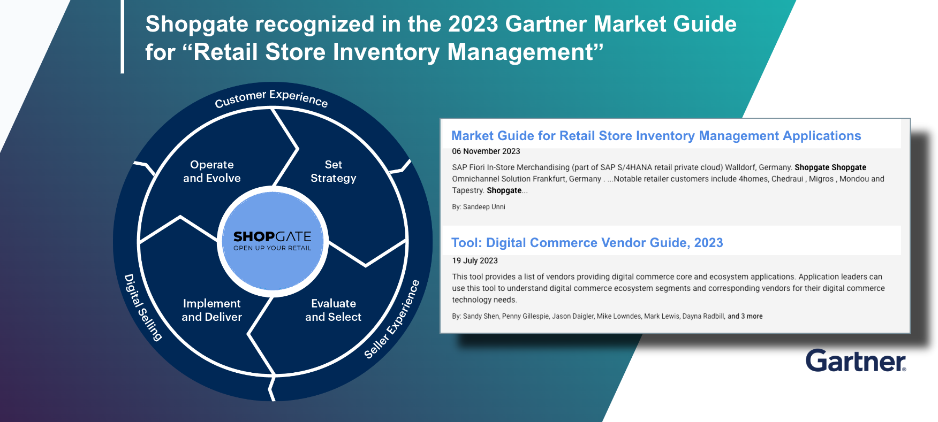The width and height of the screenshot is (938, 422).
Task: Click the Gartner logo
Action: (x=856, y=360)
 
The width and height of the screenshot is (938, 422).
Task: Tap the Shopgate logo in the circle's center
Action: (x=273, y=240)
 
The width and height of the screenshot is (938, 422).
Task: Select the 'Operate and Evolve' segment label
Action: (x=212, y=171)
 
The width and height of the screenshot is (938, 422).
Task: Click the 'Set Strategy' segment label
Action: (x=334, y=171)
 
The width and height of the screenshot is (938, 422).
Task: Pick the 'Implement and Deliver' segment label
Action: (x=212, y=310)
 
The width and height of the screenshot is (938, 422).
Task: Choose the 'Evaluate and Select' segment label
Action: (x=334, y=310)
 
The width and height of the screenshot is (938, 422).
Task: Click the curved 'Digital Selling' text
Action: (x=142, y=308)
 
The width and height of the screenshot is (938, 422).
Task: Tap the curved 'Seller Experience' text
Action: (x=392, y=319)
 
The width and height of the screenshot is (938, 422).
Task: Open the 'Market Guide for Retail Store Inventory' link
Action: (x=656, y=136)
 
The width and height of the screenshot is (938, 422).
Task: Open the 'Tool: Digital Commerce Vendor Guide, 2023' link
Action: (x=587, y=243)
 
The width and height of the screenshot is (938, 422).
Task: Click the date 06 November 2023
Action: (x=486, y=151)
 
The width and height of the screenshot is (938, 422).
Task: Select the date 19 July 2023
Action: (x=475, y=260)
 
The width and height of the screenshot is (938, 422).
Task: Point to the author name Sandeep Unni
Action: (x=484, y=207)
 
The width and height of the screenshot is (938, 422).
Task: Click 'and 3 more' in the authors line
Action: (x=745, y=317)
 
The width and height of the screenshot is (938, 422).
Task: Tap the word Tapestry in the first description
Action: (x=468, y=190)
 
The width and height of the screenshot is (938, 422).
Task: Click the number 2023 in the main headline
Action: (x=473, y=24)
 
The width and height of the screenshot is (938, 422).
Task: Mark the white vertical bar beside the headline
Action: (x=123, y=36)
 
